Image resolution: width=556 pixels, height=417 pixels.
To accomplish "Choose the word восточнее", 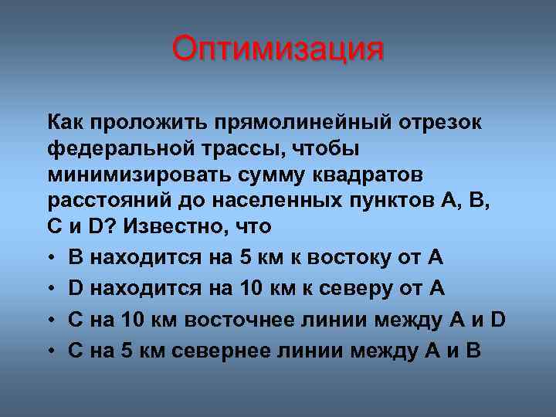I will pos(249,320).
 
